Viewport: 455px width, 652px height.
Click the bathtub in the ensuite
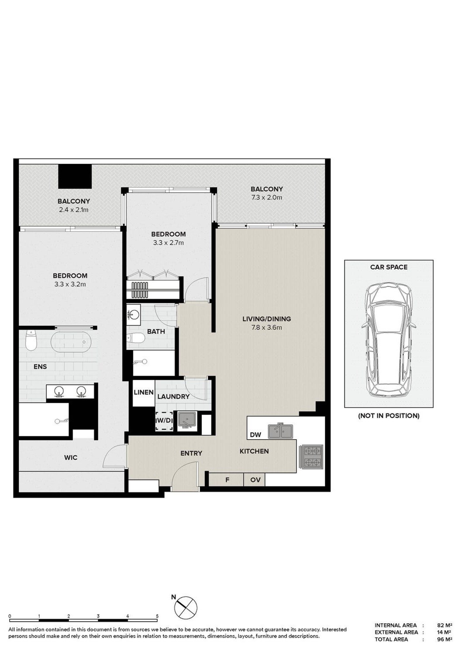[x=71, y=342]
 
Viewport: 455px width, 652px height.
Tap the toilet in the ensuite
[x=31, y=340]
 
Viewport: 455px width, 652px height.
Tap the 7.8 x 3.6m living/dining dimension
[x=266, y=328]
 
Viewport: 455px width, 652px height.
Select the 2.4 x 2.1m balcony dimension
[x=73, y=210]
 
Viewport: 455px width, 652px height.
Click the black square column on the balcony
[x=75, y=176]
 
